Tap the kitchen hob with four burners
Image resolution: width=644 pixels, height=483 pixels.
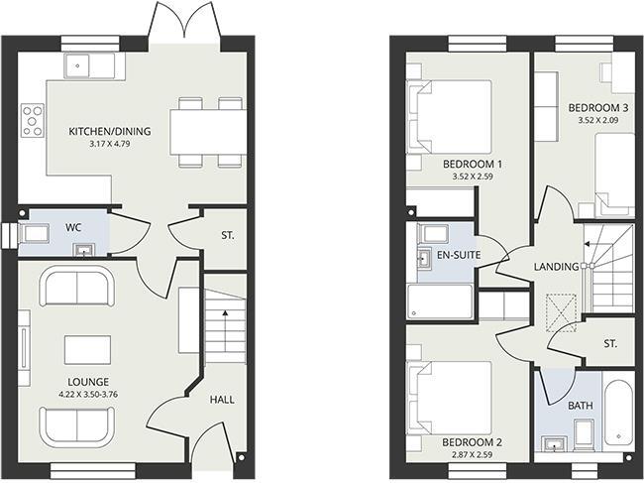[33, 119]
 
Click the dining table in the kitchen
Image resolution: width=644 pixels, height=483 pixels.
[207, 131]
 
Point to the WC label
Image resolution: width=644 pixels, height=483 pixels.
[73, 227]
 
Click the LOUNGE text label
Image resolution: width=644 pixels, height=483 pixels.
[88, 382]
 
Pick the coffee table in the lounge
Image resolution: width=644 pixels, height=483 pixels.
[87, 350]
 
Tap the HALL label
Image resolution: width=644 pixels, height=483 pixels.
[222, 399]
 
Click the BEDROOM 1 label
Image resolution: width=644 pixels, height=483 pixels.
[473, 164]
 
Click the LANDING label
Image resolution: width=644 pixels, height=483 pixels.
[556, 266]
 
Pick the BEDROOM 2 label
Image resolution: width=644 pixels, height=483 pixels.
[473, 441]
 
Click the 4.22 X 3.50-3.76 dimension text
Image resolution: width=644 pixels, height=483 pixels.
[88, 395]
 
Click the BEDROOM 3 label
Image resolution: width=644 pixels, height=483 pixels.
[598, 107]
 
